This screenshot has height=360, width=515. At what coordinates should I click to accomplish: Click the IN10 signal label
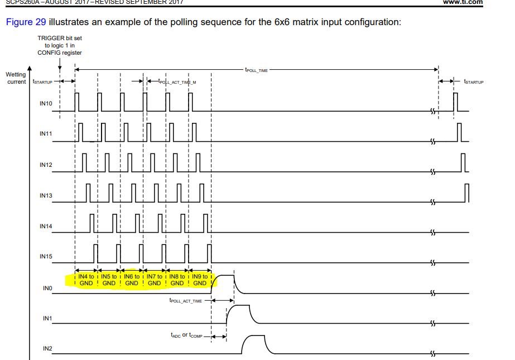pos(46,104)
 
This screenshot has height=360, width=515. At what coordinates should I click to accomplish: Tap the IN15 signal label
pos(46,256)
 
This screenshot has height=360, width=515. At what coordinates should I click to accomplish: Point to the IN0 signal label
pos(47,289)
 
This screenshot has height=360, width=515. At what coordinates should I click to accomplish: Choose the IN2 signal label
pos(47,348)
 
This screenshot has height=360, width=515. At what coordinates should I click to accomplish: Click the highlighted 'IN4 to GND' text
pos(86,280)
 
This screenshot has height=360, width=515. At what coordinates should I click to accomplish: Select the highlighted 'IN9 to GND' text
pos(200,280)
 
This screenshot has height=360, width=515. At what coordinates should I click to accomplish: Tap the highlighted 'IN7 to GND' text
pos(154,280)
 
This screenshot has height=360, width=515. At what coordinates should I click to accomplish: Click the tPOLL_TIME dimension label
pos(257,69)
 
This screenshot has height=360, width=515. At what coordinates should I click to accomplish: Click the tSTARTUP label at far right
pos(474,81)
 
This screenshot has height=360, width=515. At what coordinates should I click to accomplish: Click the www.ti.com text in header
pos(463,2)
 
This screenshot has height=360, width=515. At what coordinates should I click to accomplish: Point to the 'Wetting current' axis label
pos(16,78)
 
